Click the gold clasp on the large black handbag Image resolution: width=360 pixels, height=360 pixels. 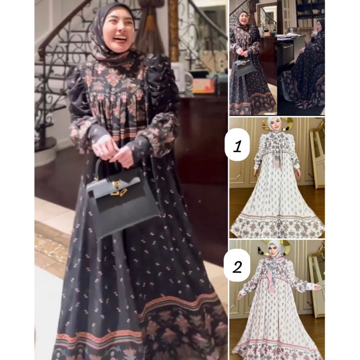click(117, 189)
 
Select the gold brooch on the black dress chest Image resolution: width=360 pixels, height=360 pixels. click(134, 88)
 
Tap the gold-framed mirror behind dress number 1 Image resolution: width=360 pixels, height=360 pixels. click(317, 156)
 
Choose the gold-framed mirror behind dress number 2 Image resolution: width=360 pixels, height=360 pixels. click(316, 283)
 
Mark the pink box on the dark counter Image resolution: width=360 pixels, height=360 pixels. click(203, 85)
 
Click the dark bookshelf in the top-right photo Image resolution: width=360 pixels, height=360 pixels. click(310, 14)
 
